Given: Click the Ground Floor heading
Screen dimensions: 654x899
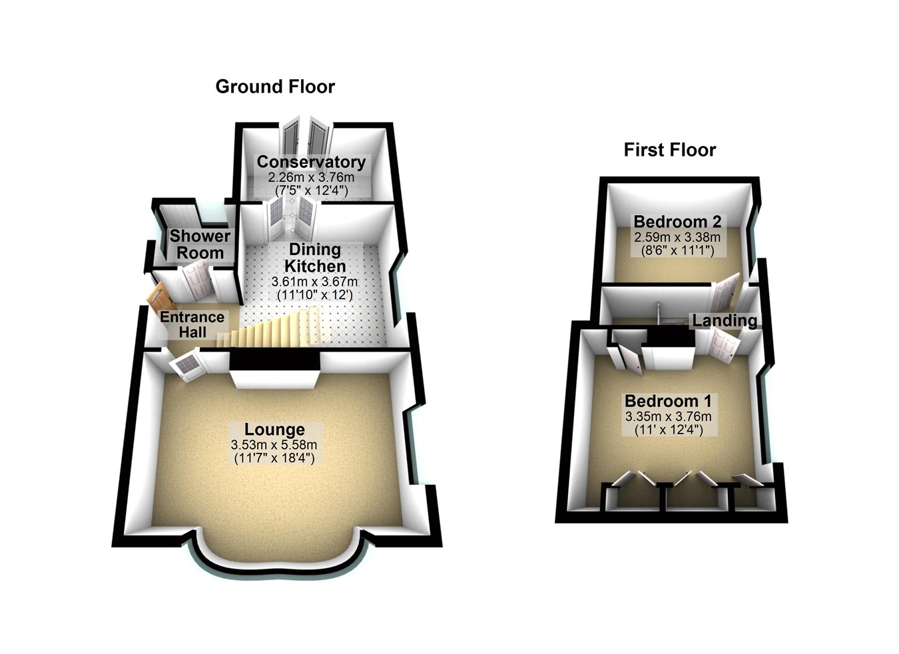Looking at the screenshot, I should pos(275,87).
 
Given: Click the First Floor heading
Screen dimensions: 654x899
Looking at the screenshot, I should pos(669,150).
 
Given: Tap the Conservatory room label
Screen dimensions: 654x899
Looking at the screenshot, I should pos(311,162).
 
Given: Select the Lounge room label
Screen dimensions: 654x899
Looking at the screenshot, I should pos(274,430).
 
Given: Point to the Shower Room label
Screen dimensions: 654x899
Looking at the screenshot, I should pos(200,244).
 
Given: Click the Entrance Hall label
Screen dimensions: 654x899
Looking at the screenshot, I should pos(192,324).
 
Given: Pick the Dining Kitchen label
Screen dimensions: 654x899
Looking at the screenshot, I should pos(314,258).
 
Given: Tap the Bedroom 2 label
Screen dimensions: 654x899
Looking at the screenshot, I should pos(677,221).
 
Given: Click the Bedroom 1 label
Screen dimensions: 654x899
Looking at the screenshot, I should pos(668,402).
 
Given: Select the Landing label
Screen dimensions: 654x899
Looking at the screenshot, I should pos(725,320).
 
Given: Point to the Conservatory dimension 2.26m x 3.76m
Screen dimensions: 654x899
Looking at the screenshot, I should pos(311,178).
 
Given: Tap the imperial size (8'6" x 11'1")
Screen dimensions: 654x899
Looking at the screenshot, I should pos(677,251).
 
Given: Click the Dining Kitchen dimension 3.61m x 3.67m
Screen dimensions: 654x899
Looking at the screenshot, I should pos(314,282).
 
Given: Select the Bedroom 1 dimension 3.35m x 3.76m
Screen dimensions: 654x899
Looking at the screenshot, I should pos(668,417).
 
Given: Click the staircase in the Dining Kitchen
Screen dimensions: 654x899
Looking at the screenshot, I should pos(280,328).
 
